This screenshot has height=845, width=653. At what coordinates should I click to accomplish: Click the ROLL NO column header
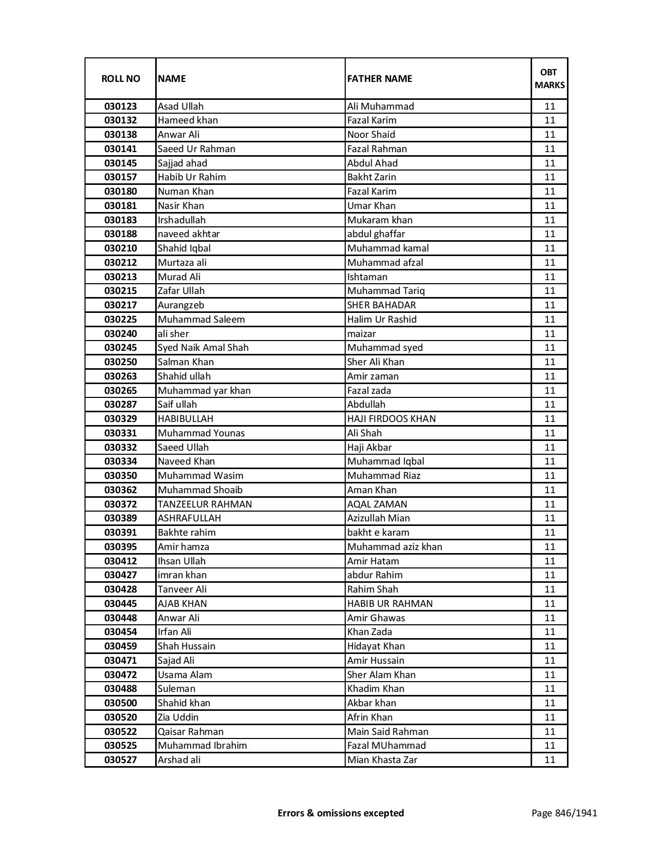(x=120, y=78)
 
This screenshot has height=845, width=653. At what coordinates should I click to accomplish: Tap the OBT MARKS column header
(x=550, y=78)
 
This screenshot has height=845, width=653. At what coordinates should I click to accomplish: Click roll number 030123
(x=120, y=107)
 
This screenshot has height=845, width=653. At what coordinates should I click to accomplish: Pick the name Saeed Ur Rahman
(x=197, y=149)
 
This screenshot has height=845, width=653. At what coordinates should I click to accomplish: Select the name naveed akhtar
(x=188, y=234)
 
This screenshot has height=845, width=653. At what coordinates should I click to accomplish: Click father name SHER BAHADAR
(x=382, y=305)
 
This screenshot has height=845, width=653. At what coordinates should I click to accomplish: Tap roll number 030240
(x=120, y=334)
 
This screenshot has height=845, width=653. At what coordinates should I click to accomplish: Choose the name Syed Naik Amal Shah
(x=203, y=348)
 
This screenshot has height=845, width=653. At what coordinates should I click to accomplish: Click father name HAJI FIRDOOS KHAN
(x=391, y=419)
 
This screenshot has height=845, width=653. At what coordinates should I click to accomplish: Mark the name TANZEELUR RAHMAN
(x=205, y=504)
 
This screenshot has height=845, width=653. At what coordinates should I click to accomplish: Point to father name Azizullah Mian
(x=378, y=518)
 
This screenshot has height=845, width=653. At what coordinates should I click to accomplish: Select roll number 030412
(x=120, y=561)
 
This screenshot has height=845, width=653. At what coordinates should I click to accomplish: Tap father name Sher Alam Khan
(x=382, y=675)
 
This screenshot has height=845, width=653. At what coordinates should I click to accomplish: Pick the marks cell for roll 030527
(x=550, y=760)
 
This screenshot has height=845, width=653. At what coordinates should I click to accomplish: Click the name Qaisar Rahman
(x=191, y=732)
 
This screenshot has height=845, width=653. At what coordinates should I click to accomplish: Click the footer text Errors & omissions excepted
(x=341, y=813)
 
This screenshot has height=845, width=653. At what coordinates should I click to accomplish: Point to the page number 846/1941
(x=564, y=813)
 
